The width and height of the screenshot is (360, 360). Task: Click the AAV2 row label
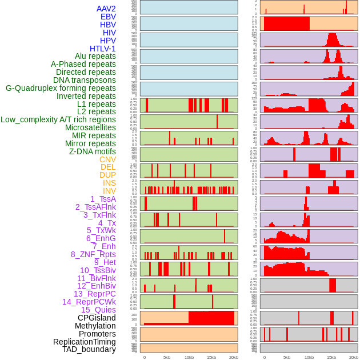106,9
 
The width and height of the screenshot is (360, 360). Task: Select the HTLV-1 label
102,49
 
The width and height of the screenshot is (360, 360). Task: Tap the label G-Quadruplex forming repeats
61,88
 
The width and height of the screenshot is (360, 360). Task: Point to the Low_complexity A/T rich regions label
58,119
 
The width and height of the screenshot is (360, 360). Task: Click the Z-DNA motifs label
92,151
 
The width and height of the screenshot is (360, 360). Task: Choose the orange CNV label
107,159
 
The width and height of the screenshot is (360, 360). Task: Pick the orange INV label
109,191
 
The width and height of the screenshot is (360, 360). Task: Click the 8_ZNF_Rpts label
93,254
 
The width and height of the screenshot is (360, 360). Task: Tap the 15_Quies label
98,310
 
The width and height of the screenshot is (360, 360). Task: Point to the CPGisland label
97,318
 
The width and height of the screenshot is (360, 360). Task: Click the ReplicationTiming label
85,342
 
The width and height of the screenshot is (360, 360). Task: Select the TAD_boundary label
89,349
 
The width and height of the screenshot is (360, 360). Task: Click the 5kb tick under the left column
167,357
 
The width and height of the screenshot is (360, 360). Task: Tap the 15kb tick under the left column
211,357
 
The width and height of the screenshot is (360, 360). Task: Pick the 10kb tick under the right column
309,357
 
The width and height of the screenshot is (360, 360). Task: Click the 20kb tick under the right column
354,357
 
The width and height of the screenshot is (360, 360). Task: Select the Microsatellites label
90,127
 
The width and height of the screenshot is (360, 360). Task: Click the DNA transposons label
85,80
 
